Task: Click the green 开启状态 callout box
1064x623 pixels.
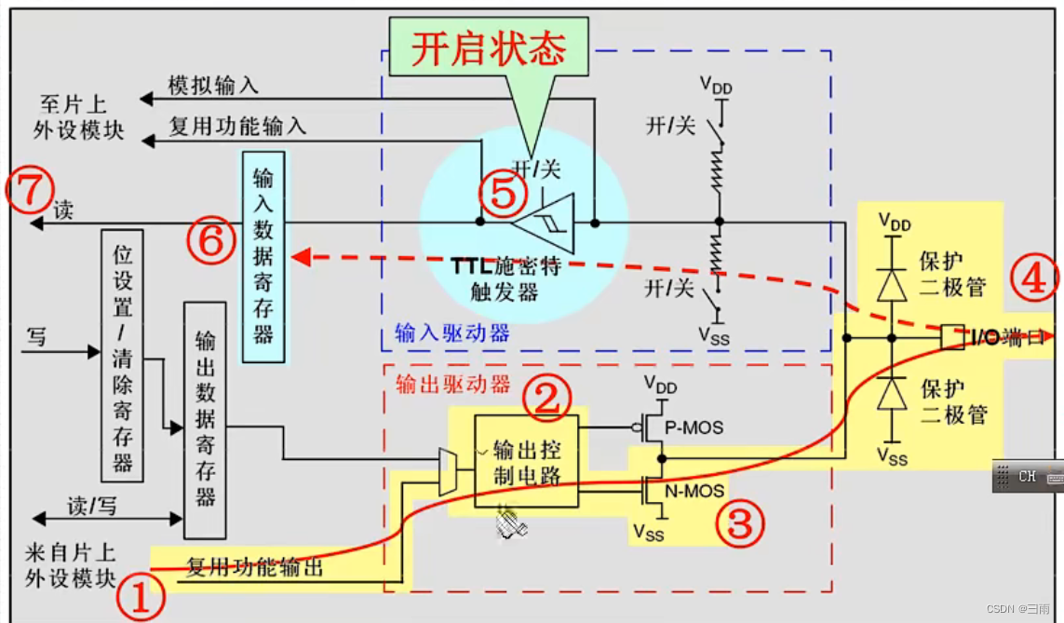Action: (489, 50)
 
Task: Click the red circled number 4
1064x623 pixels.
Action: (1033, 278)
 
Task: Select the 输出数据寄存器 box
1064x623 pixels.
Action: (205, 420)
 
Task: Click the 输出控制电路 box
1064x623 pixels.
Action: (526, 460)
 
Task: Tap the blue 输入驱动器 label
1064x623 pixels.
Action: (452, 332)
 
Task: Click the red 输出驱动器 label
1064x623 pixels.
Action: (452, 383)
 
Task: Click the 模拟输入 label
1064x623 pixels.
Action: (212, 86)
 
